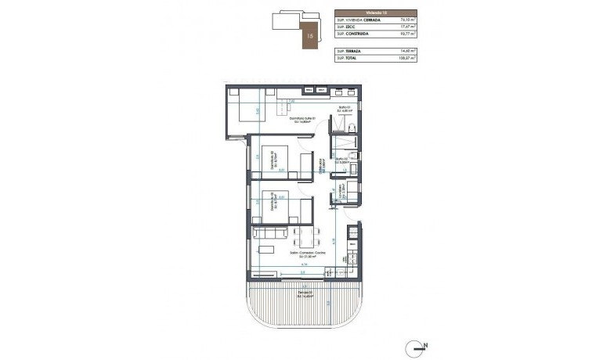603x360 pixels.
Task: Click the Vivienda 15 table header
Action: tap(375, 13)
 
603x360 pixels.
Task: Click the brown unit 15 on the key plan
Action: tap(312, 34)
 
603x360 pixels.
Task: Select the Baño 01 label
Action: tap(342, 108)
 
